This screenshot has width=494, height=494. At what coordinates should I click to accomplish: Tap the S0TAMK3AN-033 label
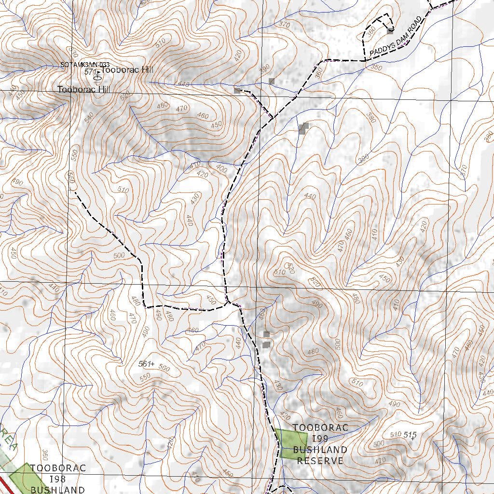coord(85,65)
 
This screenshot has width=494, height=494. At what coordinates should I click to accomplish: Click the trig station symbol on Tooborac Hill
coord(97,75)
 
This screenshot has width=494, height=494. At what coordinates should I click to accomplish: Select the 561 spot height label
coord(144,363)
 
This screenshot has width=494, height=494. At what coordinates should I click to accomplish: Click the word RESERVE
coord(320,461)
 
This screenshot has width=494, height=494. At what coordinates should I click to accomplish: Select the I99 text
coord(320,439)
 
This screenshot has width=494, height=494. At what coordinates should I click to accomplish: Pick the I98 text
coord(57,479)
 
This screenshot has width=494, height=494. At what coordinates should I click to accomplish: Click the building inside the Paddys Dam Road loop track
coord(390,31)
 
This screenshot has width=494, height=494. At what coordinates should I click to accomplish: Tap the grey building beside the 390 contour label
coord(272,81)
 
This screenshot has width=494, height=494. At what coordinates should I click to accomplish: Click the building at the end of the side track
coord(237,90)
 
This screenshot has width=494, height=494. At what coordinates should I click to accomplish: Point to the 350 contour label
coord(376,68)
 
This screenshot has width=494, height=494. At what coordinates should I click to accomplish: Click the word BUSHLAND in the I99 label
coord(320,450)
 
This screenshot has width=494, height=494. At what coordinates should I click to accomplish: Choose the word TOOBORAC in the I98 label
coord(57,468)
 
